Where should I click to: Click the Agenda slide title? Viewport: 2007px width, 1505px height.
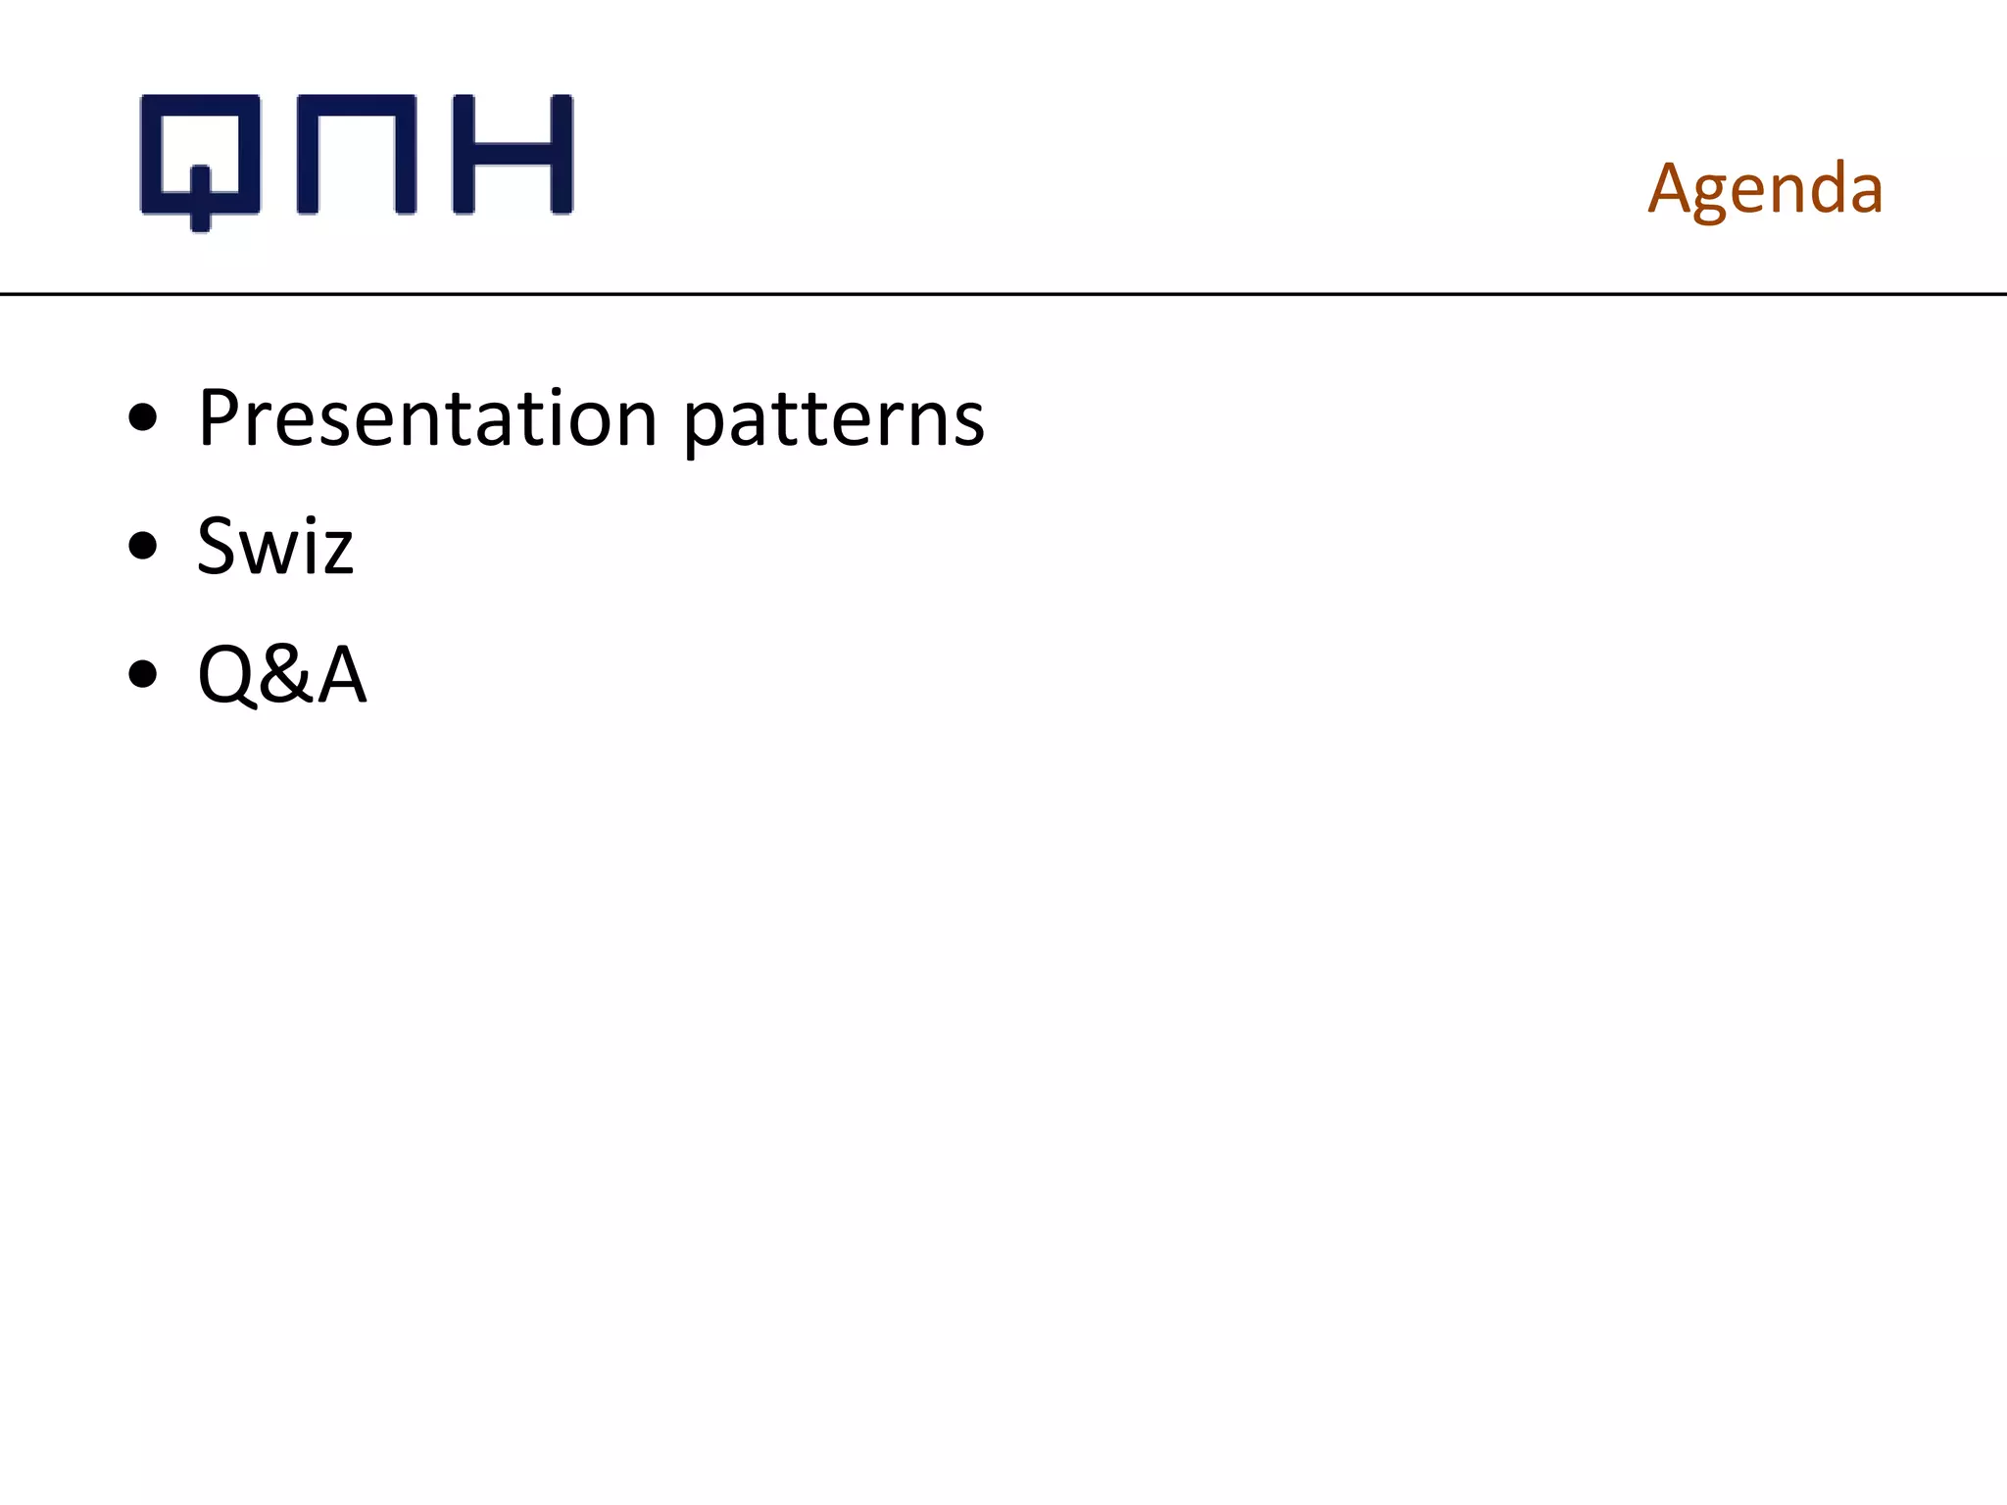click(x=1765, y=188)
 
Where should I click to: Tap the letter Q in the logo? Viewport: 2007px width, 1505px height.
click(x=201, y=157)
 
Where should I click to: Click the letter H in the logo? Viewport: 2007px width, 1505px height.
click(x=513, y=154)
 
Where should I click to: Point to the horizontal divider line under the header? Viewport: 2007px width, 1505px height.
click(x=1003, y=293)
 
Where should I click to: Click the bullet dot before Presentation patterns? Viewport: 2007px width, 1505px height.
click(x=143, y=418)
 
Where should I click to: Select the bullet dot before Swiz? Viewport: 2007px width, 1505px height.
click(x=143, y=546)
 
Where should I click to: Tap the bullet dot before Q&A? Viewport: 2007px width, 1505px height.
click(x=143, y=674)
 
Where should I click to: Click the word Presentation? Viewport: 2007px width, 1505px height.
click(x=427, y=418)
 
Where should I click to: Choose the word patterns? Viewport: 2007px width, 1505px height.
click(x=833, y=421)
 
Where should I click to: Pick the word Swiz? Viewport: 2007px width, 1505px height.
click(x=274, y=546)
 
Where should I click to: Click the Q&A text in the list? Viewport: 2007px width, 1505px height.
click(x=282, y=674)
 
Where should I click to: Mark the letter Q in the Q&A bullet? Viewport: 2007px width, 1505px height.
click(x=226, y=674)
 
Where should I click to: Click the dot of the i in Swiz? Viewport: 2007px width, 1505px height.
click(x=311, y=517)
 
